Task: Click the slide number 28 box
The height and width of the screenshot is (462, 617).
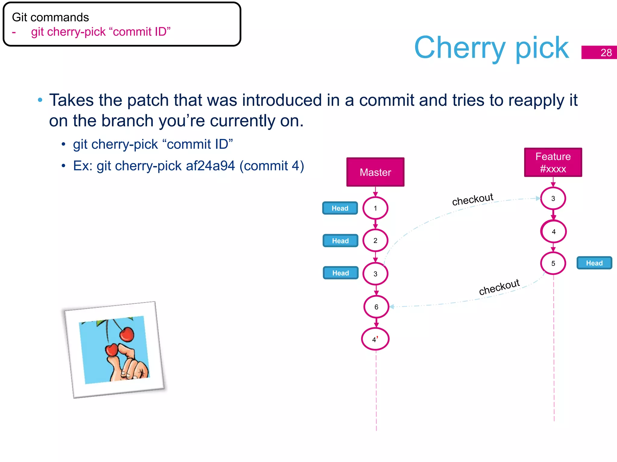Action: click(x=599, y=52)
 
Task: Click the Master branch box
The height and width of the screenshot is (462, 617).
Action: click(x=375, y=172)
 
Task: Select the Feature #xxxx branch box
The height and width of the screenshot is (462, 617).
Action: click(x=553, y=162)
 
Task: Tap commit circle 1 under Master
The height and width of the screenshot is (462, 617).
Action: click(x=375, y=208)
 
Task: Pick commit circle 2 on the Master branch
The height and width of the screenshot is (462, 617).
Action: click(x=375, y=241)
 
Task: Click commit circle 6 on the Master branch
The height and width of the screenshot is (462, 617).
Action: click(x=376, y=307)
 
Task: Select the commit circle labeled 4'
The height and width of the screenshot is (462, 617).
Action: click(x=375, y=339)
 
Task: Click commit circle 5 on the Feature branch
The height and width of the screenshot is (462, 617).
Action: click(x=553, y=263)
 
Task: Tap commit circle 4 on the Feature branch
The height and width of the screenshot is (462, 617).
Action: click(x=553, y=232)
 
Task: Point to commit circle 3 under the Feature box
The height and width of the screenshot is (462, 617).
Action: click(x=553, y=199)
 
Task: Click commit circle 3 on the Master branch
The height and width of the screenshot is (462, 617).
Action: click(x=375, y=274)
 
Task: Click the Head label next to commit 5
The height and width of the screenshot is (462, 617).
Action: click(x=594, y=263)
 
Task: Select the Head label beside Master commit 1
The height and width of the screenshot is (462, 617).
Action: click(x=340, y=208)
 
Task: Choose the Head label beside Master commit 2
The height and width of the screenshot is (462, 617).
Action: click(x=340, y=241)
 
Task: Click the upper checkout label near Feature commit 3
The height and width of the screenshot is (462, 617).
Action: click(x=472, y=199)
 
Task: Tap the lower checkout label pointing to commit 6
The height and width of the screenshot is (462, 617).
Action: click(x=499, y=287)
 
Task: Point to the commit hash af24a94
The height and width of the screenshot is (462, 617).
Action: click(x=210, y=166)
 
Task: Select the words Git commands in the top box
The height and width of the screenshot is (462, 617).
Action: click(x=50, y=17)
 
